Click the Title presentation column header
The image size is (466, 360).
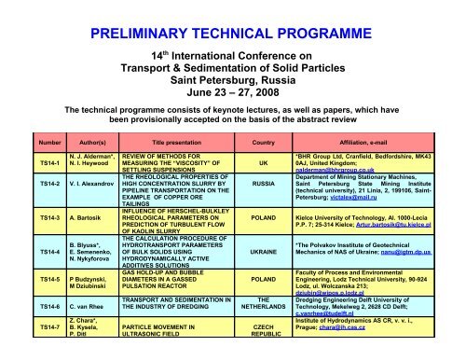(x=171, y=171)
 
